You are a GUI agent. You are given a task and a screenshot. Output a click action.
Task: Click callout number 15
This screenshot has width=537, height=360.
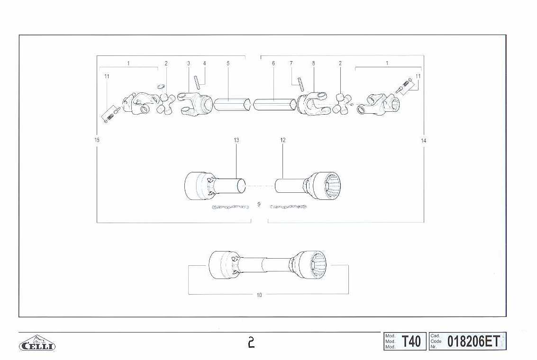(x=97, y=140)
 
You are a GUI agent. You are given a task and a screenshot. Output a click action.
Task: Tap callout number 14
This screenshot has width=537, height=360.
(x=424, y=141)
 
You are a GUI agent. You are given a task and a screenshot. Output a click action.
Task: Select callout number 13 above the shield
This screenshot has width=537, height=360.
(x=237, y=140)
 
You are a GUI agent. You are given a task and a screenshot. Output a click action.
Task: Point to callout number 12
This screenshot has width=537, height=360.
(x=283, y=140)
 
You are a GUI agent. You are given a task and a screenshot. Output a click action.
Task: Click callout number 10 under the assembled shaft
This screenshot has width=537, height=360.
(x=259, y=295)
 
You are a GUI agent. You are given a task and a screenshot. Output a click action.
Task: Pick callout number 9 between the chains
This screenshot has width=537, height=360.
(x=259, y=204)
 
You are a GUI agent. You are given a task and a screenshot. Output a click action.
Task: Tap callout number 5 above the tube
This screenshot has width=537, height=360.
(x=228, y=63)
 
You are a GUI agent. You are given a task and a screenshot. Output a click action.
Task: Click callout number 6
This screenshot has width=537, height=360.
(x=273, y=63)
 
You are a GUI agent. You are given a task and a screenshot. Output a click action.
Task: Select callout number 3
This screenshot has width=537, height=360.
(x=188, y=63)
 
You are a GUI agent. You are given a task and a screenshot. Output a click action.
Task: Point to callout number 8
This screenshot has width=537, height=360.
(x=313, y=63)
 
